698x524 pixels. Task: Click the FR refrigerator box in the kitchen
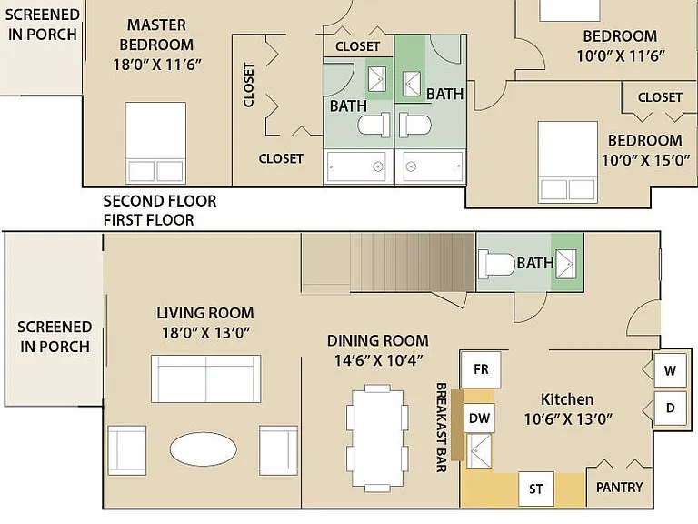tap(481, 369)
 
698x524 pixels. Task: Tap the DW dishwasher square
tap(479, 418)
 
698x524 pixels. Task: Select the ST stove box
tap(536, 489)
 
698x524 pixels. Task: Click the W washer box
tap(671, 370)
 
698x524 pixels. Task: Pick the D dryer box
tap(671, 408)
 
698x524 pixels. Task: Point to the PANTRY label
tap(619, 488)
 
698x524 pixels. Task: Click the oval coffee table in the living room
tap(204, 448)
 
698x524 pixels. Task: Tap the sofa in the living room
tap(205, 378)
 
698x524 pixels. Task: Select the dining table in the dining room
tap(377, 438)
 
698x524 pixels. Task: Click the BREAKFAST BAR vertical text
tap(441, 427)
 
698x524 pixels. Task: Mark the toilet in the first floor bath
tap(497, 264)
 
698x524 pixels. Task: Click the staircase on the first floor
tap(388, 263)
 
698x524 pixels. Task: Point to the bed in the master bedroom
tap(155, 143)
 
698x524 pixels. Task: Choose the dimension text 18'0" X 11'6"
tap(157, 65)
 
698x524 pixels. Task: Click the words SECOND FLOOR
tap(160, 201)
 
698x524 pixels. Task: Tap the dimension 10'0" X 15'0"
tap(646, 160)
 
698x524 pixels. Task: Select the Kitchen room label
tap(567, 399)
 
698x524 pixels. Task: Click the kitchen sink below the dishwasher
tap(479, 450)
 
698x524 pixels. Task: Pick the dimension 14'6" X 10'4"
tap(378, 360)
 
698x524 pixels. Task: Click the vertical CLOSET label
tap(248, 85)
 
